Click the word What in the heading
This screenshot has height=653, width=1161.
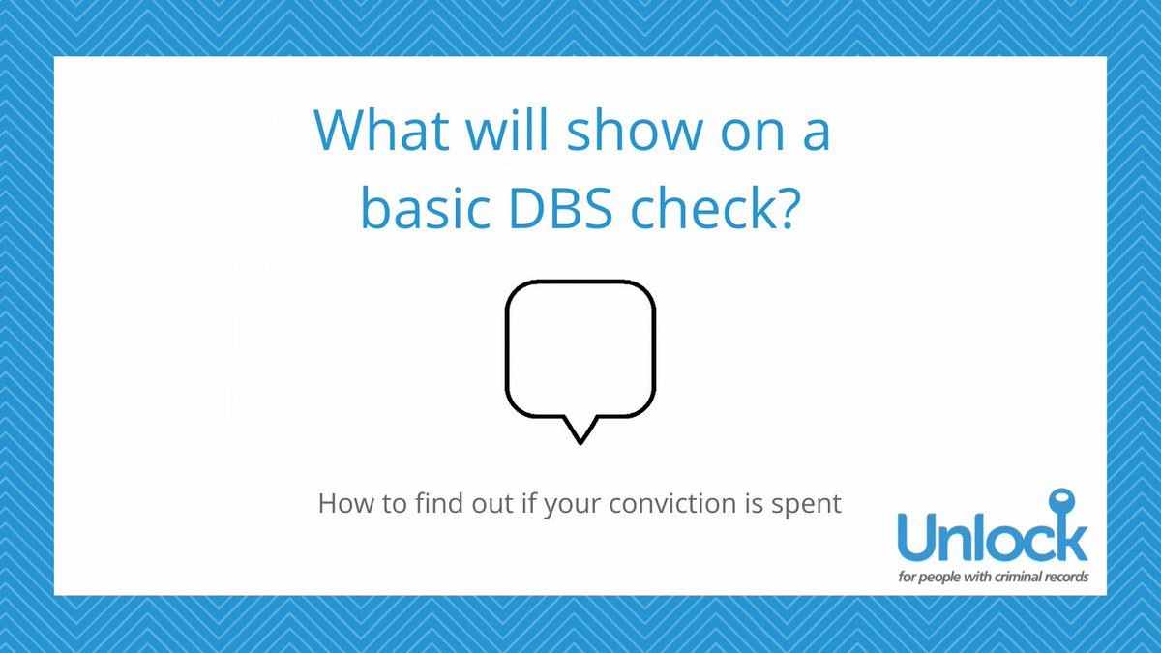tap(381, 130)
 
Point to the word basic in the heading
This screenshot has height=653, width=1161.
tap(425, 207)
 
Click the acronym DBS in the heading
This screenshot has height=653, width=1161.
tap(561, 208)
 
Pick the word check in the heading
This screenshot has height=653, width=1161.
tap(702, 207)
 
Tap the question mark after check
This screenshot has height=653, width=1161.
tap(786, 208)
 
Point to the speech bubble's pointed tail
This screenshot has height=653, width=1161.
tap(580, 441)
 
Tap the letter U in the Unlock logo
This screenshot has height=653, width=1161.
tap(918, 537)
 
